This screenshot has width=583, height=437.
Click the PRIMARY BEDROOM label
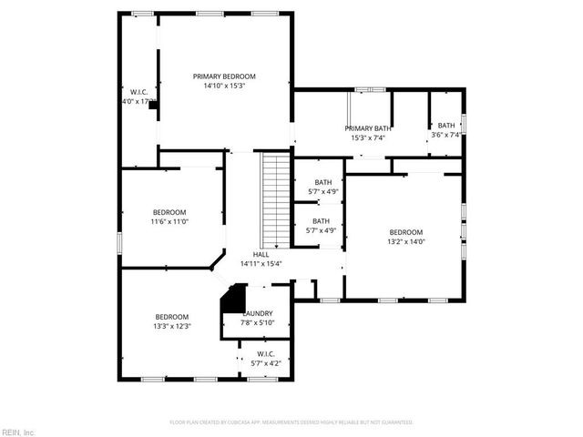tap(223, 76)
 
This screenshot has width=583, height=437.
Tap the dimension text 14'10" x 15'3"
tap(223, 86)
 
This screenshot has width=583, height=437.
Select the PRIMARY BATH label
tap(368, 128)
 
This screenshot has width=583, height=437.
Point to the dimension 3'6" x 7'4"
tap(445, 135)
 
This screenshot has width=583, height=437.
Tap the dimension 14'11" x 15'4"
tap(261, 264)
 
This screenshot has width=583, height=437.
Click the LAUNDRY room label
tap(258, 313)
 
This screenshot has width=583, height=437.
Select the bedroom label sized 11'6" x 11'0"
tap(169, 211)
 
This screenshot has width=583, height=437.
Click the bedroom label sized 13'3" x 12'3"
tap(171, 317)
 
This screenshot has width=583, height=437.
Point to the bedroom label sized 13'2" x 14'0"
tap(405, 232)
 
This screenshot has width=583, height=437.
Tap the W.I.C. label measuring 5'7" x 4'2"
tap(265, 354)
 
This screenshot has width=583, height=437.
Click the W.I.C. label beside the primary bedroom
tap(139, 92)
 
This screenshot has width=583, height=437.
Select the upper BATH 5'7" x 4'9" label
tap(323, 182)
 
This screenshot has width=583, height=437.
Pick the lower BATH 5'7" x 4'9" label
tap(321, 221)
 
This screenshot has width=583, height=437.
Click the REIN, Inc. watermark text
tap(17, 431)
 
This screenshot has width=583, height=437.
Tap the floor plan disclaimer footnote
tap(291, 422)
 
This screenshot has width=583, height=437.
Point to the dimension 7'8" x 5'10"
tap(258, 322)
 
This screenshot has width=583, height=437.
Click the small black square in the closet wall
tap(153, 105)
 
